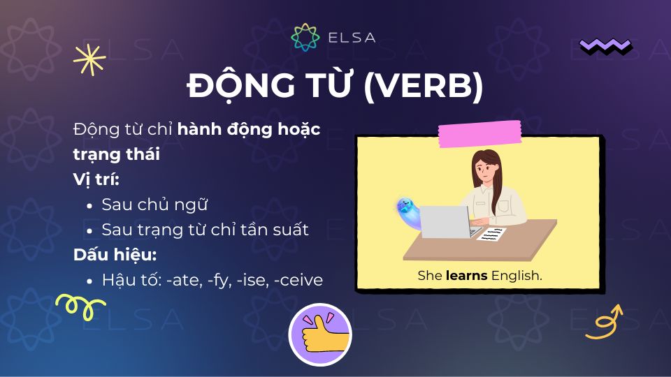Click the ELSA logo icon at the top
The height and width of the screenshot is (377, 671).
305,37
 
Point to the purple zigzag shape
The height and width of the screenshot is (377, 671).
605,46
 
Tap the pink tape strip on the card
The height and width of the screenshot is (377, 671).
479,134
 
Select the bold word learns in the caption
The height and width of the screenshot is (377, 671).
467,276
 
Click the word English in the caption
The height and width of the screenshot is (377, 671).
517,276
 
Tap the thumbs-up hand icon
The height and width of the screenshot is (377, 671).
319,334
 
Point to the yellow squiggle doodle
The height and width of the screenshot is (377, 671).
79,304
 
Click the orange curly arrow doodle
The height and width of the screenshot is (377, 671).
603,322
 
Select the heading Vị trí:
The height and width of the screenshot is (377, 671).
96,179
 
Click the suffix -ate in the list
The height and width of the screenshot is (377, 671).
178,280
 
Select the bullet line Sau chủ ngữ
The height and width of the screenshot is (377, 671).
155,205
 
